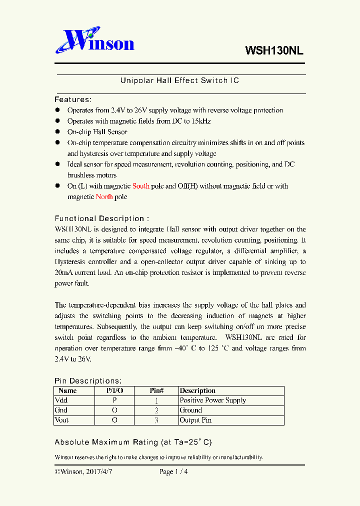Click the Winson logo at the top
pyautogui.click(x=94, y=41)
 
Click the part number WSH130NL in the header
pyautogui.click(x=274, y=50)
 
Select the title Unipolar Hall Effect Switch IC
pyautogui.click(x=179, y=80)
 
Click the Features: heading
pyautogui.click(x=73, y=99)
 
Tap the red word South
pyautogui.click(x=140, y=186)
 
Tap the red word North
pyautogui.click(x=104, y=196)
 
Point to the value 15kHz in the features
pyautogui.click(x=201, y=121)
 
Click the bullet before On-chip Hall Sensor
pyautogui.click(x=57, y=132)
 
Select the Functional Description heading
pyautogui.click(x=101, y=218)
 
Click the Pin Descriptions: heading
pyautogui.click(x=88, y=381)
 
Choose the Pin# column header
pyautogui.click(x=156, y=390)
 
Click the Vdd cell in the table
pyautogui.click(x=61, y=400)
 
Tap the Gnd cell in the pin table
pyautogui.click(x=61, y=410)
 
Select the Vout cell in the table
pyautogui.click(x=62, y=420)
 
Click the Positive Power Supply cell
pyautogui.click(x=213, y=400)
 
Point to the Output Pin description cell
pyautogui.click(x=195, y=420)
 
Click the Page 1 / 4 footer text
pyautogui.click(x=173, y=471)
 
